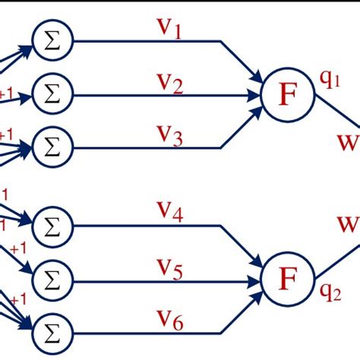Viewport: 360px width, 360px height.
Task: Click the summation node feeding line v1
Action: [52, 41]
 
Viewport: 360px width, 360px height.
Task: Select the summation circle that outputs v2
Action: [52, 96]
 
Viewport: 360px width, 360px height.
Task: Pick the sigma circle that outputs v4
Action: [52, 225]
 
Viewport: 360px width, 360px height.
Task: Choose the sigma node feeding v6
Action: [52, 330]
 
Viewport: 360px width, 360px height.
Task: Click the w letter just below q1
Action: [348, 140]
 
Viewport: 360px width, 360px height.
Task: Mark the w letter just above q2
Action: [348, 225]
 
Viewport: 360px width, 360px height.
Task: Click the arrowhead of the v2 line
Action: [256, 96]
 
